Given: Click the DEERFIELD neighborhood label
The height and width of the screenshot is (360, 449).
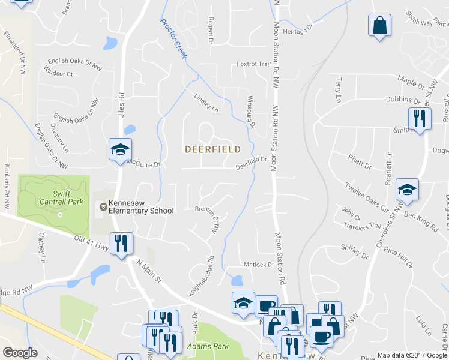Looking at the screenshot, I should click(x=212, y=149).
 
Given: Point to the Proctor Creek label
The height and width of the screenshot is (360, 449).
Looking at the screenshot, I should click(x=173, y=38).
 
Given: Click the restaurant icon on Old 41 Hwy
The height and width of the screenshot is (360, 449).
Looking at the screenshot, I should click(x=122, y=244).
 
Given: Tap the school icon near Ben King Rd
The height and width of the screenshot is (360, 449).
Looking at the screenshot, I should click(x=408, y=190).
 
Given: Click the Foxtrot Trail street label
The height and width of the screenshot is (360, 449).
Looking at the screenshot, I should click(x=254, y=64).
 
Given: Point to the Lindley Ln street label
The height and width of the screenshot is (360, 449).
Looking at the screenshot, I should click(x=205, y=103).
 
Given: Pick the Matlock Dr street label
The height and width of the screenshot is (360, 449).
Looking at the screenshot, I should click(x=258, y=264).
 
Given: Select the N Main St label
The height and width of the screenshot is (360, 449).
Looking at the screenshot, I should click(x=150, y=269).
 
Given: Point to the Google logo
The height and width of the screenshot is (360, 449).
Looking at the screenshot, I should click(x=20, y=353).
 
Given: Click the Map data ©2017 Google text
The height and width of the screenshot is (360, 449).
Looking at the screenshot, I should click(x=412, y=355).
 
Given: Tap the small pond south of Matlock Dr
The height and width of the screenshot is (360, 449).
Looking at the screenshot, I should click(x=237, y=280).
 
